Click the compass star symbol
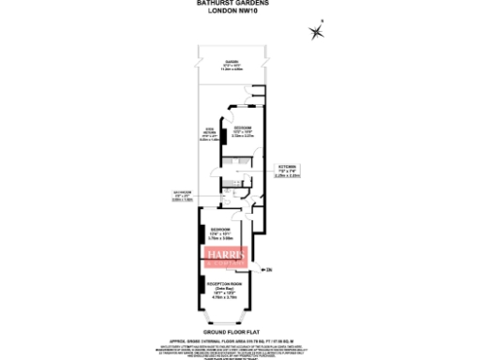pos(317,33)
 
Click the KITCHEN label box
pos(286,172)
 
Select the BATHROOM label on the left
pos(183,197)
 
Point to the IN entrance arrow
pos(265,270)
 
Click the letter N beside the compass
pos(322,22)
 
